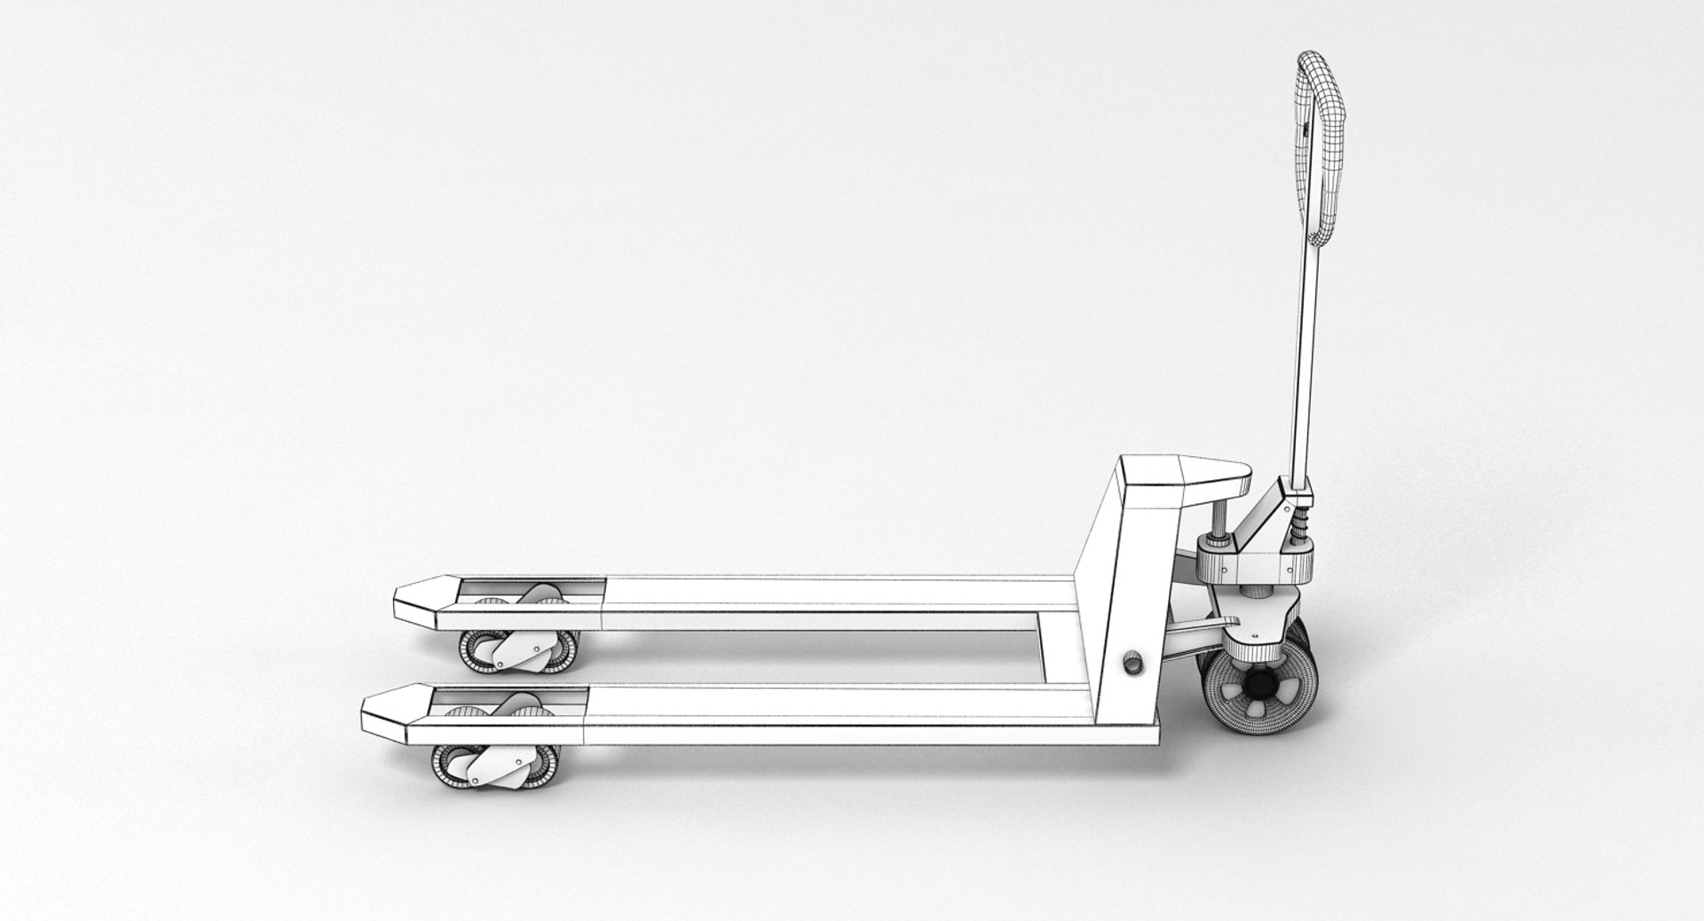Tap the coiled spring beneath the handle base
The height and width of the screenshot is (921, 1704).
(1302, 532)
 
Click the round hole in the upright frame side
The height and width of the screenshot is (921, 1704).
(1133, 663)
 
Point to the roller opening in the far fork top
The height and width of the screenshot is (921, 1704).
(532, 593)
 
